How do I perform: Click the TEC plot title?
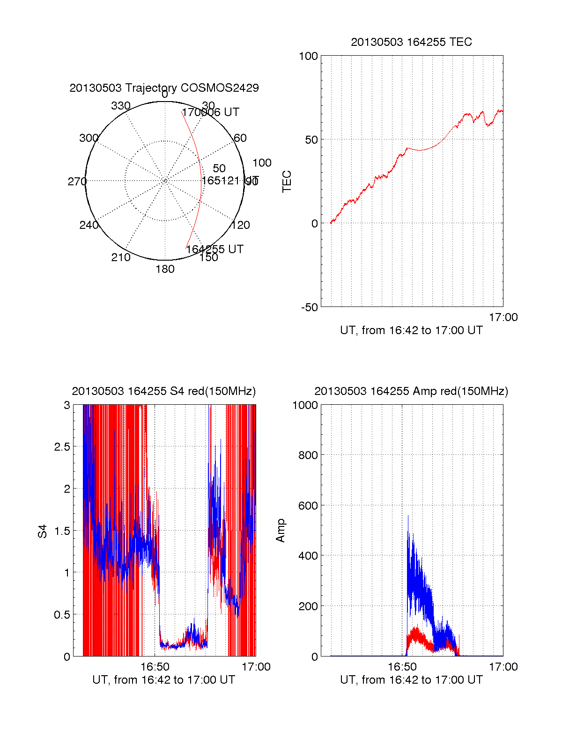(x=411, y=42)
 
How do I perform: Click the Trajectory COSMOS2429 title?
(x=164, y=88)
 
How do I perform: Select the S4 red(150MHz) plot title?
(x=164, y=391)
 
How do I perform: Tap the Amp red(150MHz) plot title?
(x=411, y=391)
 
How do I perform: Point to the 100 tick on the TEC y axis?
(x=308, y=56)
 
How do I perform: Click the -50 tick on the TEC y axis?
(x=309, y=307)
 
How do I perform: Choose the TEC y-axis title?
(x=287, y=182)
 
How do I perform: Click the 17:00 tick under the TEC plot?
(x=503, y=318)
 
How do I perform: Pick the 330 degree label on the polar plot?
(x=121, y=106)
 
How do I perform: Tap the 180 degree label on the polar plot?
(x=165, y=269)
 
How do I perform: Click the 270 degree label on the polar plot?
(x=77, y=182)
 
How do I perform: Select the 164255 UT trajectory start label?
(x=214, y=249)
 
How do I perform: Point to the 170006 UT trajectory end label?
(x=211, y=112)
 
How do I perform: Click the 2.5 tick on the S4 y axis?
(x=62, y=447)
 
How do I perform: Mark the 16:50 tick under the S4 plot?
(x=155, y=667)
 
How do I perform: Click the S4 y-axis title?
(x=43, y=531)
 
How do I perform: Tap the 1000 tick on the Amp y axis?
(x=305, y=405)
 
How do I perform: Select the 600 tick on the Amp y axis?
(x=308, y=506)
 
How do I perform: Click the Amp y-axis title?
(x=281, y=531)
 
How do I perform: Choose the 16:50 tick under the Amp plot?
(x=402, y=667)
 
